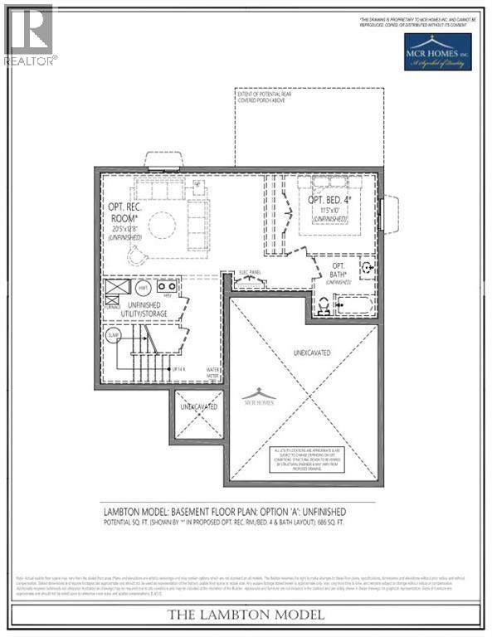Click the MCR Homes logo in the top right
(x=437, y=51)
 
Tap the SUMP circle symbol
(x=114, y=336)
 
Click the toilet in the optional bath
(x=322, y=305)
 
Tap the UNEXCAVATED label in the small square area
(x=199, y=406)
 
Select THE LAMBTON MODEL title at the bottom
(x=246, y=615)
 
